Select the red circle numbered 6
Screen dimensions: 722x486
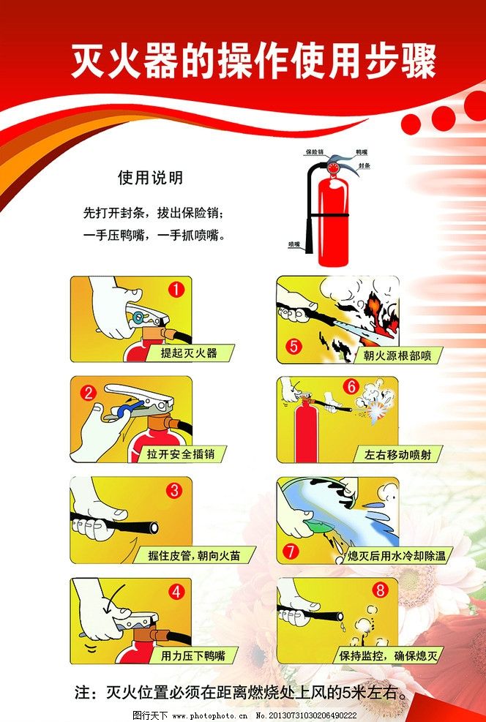(351, 387)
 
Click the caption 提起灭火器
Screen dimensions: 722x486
(189, 353)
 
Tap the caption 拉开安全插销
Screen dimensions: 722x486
(180, 454)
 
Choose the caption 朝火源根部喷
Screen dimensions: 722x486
(392, 356)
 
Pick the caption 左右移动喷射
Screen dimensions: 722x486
(397, 454)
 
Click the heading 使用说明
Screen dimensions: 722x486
(150, 178)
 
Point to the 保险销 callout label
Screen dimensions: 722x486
(314, 152)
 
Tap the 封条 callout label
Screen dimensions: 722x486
(363, 167)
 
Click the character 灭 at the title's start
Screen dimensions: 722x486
(88, 61)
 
